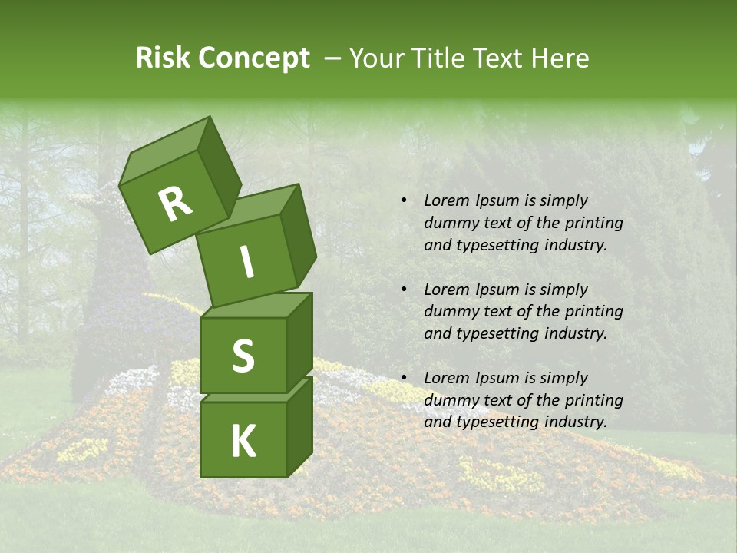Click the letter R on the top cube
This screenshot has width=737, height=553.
point(175,204)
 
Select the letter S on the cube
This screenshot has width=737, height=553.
point(243,356)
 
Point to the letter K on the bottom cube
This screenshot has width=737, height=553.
point(243,442)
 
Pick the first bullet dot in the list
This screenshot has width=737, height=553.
point(404,200)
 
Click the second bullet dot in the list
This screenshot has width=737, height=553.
point(404,290)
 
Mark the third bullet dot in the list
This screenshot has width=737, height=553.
point(404,378)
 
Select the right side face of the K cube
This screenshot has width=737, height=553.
point(300,426)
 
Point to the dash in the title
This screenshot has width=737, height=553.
point(333,58)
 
